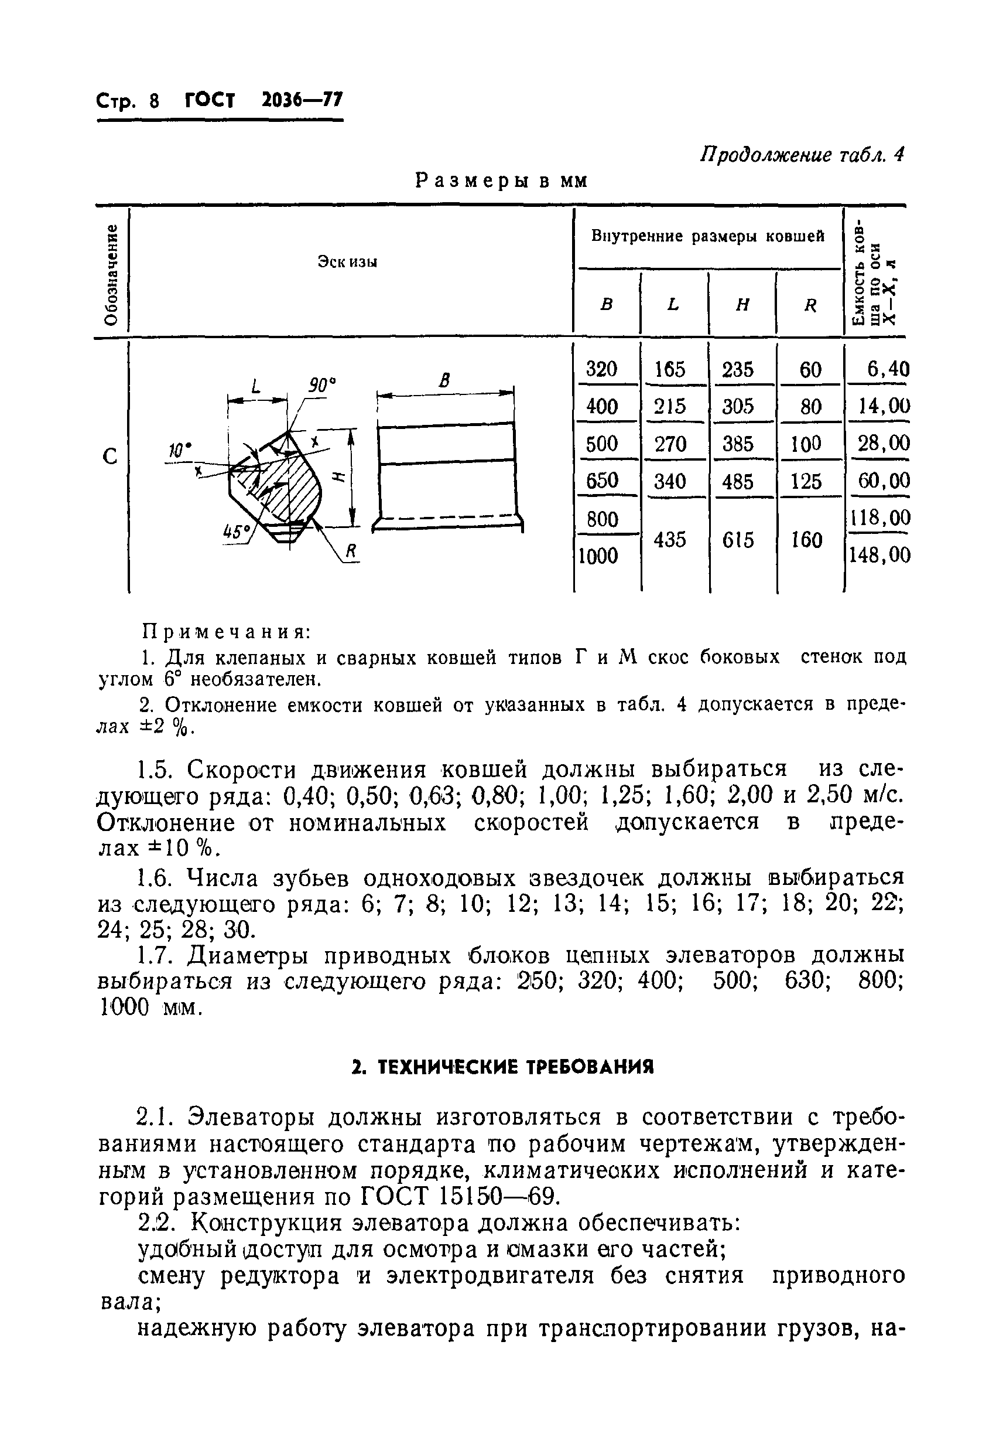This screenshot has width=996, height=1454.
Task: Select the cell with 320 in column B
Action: [x=601, y=370]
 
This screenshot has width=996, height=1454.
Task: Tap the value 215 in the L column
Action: [x=670, y=407]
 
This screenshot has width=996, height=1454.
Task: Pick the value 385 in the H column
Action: [x=738, y=444]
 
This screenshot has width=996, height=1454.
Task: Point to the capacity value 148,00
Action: [x=879, y=555]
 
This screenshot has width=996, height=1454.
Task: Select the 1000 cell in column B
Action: [x=599, y=556]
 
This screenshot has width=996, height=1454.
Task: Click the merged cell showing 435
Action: [x=670, y=539]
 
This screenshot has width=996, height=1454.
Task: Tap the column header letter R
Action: [x=810, y=305]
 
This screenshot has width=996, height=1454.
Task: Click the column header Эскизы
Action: [x=347, y=261]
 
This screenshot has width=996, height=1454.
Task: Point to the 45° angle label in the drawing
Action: [x=237, y=532]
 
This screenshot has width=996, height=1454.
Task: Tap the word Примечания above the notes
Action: [x=227, y=631]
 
